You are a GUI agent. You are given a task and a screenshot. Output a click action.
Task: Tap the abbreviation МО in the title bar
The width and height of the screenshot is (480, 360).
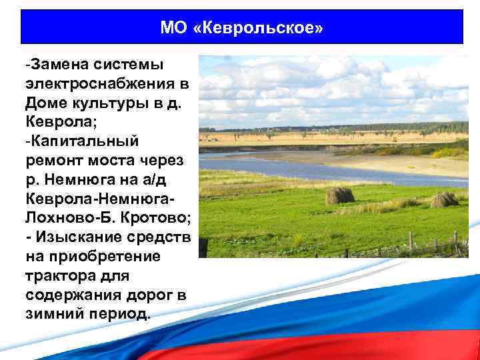174,27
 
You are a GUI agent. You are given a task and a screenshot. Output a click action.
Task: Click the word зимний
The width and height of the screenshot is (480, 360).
54,313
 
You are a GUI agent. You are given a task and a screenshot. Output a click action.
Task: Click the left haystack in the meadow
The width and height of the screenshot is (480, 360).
339,195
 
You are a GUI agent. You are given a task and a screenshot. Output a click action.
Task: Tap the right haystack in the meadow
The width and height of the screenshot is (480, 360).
444,199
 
